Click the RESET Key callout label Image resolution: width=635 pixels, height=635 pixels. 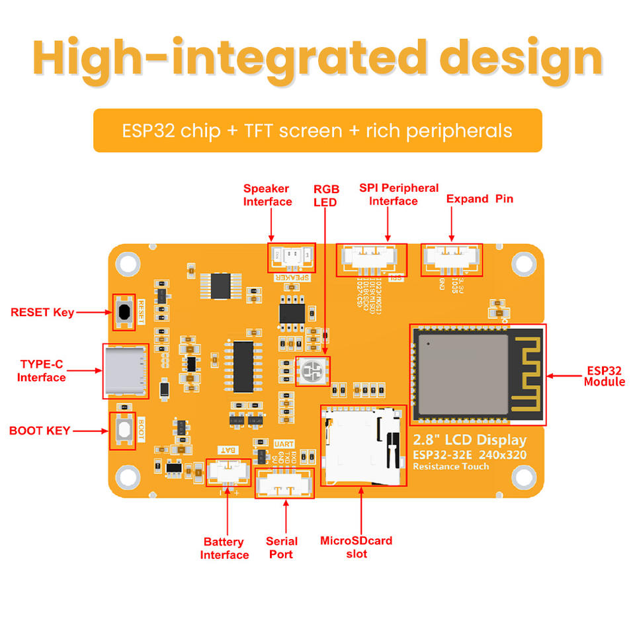tap(42, 312)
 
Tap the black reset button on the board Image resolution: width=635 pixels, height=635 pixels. tap(124, 312)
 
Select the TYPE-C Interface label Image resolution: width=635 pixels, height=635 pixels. tap(42, 371)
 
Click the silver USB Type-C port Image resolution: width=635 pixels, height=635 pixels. tap(124, 370)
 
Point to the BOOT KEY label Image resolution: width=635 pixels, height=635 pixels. tap(40, 431)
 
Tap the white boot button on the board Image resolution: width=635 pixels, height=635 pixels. tap(122, 430)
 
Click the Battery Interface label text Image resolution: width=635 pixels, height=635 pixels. tap(224, 548)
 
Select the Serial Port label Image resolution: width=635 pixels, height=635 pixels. tap(282, 548)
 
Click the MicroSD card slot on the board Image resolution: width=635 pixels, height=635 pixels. tap(362, 445)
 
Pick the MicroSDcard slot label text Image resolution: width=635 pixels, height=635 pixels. tap(356, 547)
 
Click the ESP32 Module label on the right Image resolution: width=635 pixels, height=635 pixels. tap(604, 376)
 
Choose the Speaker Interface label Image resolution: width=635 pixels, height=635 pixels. tap(267, 195)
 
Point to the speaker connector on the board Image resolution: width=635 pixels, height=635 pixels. tap(291, 257)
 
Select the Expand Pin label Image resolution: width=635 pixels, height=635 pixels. tap(480, 199)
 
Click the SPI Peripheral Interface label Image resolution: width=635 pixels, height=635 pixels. tap(398, 194)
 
